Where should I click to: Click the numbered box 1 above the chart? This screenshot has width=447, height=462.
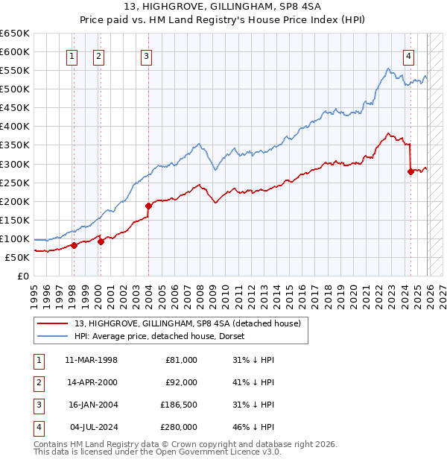pos(72,55)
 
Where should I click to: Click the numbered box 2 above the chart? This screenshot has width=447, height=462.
pos(98,55)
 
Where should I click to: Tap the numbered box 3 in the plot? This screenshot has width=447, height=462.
pos(147,55)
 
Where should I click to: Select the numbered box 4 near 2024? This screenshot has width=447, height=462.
pos(409,55)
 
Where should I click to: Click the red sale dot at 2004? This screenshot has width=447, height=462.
pos(148,206)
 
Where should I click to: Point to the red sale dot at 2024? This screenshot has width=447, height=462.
pos(410,171)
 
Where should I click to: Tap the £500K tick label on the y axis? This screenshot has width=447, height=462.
pos(15,89)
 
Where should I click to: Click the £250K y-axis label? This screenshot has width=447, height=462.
pos(15,183)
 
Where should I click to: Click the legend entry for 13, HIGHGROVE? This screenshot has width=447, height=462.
pos(187,323)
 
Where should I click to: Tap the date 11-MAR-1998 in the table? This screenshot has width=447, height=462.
pos(91,360)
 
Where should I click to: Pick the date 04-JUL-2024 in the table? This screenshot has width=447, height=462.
pos(91,427)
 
